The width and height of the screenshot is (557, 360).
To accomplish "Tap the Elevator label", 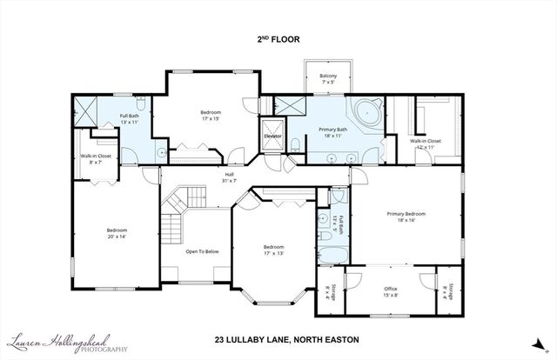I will (x=272, y=136).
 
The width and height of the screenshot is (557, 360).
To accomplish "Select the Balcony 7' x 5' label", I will (x=328, y=80).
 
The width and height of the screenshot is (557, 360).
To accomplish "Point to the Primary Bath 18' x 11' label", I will (x=332, y=132).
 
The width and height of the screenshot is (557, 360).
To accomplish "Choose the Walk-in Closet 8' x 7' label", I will (x=93, y=159).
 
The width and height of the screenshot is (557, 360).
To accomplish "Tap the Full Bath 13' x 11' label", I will (x=131, y=119).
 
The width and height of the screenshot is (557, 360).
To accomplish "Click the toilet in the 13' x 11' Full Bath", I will (x=163, y=152).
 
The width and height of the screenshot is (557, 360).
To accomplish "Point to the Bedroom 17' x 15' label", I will (x=211, y=116).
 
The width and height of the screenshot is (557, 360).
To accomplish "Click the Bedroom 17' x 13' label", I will (x=274, y=250).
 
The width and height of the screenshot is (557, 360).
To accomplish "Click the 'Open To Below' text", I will (x=201, y=251).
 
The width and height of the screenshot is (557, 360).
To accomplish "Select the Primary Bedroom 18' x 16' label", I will (x=406, y=217).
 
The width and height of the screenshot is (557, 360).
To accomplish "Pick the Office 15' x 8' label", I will (x=391, y=291).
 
